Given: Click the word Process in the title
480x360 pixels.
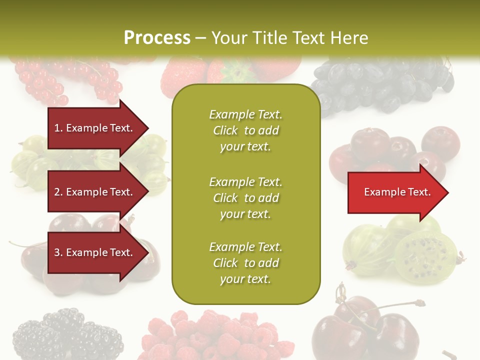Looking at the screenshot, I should [157, 37].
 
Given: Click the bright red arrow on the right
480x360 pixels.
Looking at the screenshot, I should [395, 192].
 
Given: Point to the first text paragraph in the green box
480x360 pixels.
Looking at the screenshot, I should [245, 130].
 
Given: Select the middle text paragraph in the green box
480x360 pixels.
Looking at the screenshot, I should [245, 197].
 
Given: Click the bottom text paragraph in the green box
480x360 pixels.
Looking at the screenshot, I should [245, 263].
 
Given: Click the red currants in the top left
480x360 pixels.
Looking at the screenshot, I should [65, 80].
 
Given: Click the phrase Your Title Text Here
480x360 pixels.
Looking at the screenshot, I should [289, 37].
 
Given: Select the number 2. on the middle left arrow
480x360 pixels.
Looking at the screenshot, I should [58, 192].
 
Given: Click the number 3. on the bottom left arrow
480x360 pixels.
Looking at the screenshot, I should [58, 252].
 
